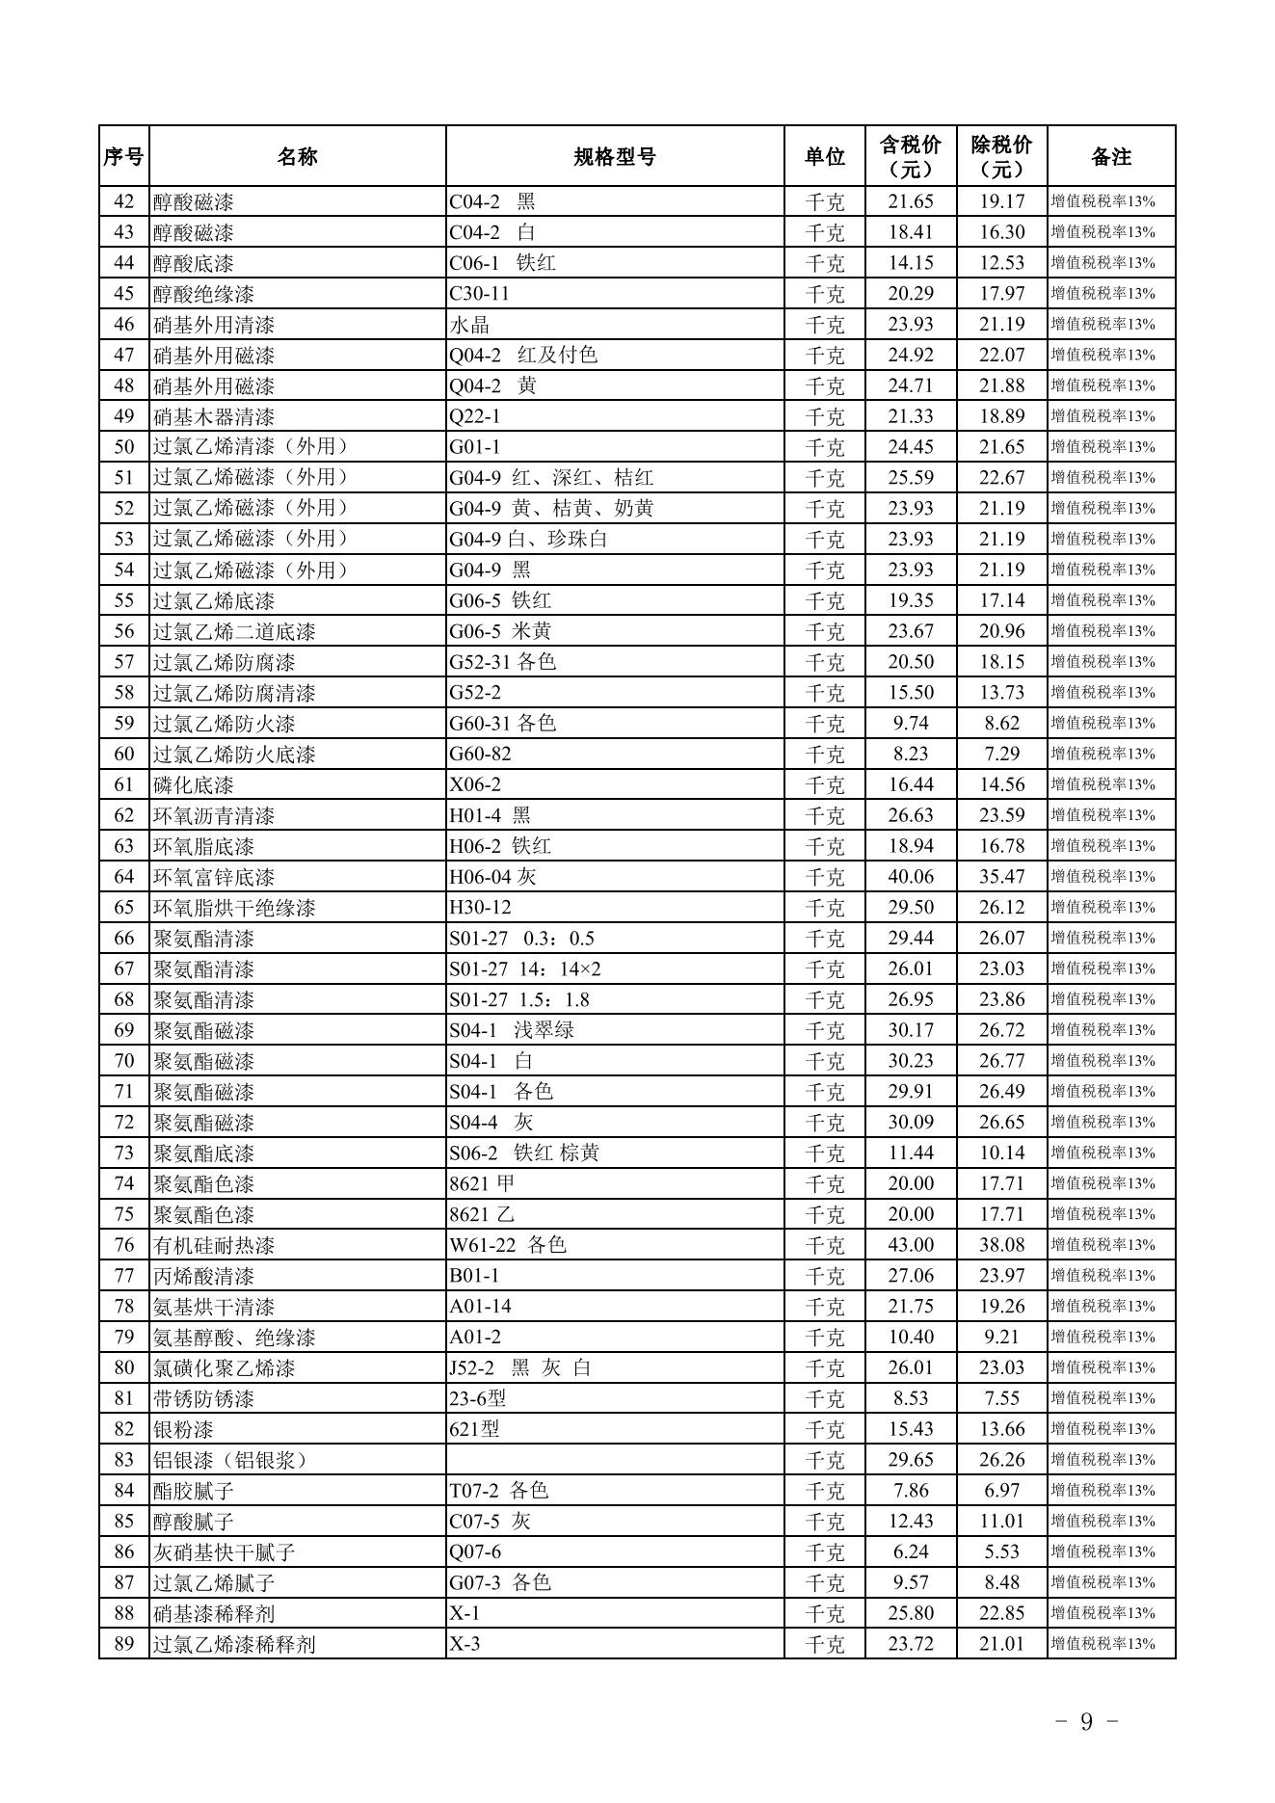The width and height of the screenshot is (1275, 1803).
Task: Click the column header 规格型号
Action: pos(614,157)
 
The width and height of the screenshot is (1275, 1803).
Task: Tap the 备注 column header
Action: pos(1110,157)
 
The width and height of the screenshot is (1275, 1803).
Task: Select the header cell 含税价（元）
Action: pos(910,157)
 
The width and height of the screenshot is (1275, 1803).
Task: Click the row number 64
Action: pos(124,877)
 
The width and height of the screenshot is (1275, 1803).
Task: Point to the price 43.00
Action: pos(911,1245)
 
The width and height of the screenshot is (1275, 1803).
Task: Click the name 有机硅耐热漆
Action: pos(214,1245)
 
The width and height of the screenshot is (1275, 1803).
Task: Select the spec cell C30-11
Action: pos(479,293)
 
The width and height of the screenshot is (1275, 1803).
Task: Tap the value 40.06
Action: pos(911,877)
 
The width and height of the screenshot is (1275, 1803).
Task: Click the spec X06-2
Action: pos(475,784)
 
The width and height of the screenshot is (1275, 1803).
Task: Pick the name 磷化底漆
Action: pos(194,784)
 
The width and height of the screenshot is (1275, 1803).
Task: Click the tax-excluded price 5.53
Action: pos(1001,1551)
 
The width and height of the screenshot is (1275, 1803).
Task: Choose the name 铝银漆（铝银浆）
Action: pos(231,1460)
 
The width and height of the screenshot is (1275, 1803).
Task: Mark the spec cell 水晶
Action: pos(469,324)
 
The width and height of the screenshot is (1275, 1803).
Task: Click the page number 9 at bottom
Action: pos(1086,1722)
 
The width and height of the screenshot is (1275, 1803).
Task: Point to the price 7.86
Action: pos(911,1491)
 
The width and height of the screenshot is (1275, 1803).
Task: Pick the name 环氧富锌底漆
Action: pos(214,877)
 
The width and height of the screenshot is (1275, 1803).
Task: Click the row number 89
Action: pos(124,1644)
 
